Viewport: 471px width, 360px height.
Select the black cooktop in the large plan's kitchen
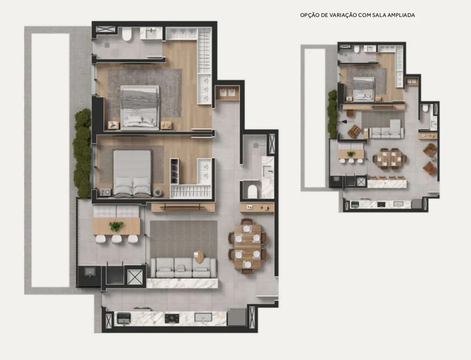(x=172, y=318)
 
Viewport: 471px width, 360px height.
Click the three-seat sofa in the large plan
(x=183, y=268)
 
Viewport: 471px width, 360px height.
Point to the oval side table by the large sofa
(x=199, y=257)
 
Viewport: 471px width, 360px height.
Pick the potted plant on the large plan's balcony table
(x=116, y=226)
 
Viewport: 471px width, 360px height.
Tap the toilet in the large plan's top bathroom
(x=127, y=35)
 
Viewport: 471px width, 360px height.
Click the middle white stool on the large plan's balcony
(x=116, y=239)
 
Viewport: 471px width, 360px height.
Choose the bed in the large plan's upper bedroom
(x=140, y=108)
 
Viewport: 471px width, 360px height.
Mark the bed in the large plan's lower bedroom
(x=132, y=172)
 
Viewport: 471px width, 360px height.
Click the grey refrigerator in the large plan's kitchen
(x=237, y=317)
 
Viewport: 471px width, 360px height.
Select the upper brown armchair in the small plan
(x=430, y=149)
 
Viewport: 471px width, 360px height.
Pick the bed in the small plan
(x=364, y=89)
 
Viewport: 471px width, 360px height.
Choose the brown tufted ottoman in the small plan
(x=354, y=131)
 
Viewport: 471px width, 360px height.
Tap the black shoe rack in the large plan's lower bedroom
(x=175, y=171)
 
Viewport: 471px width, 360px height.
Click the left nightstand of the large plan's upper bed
(x=113, y=125)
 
